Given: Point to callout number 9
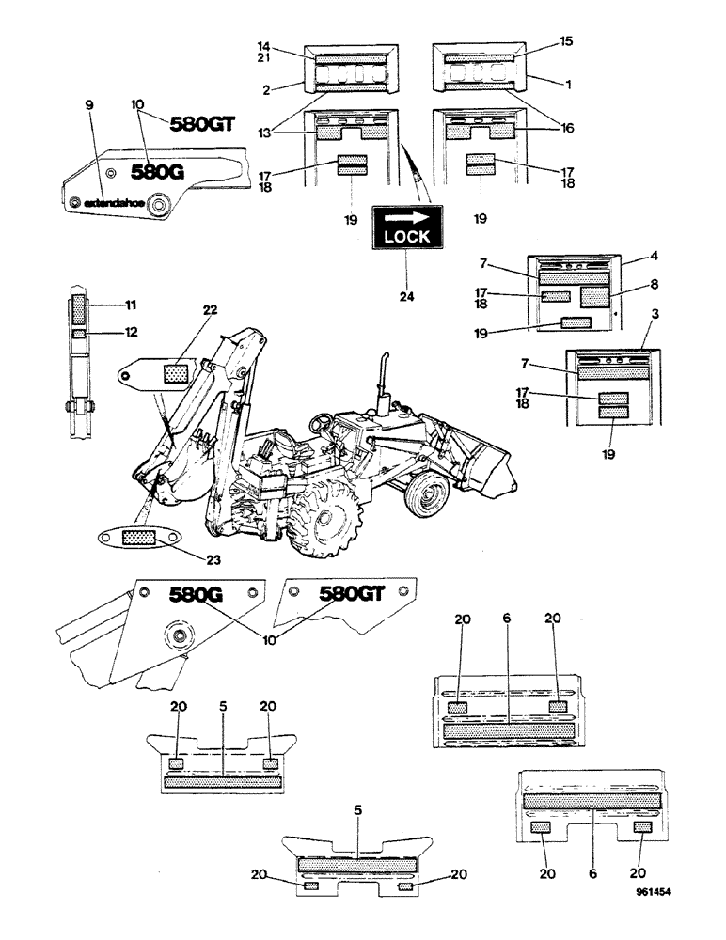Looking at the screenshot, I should click(x=89, y=106).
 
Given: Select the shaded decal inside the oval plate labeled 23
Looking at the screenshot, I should click(x=138, y=539).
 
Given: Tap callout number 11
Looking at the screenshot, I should click(x=132, y=305).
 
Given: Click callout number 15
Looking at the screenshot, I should click(x=566, y=41).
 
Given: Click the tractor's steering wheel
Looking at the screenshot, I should click(x=325, y=420).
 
